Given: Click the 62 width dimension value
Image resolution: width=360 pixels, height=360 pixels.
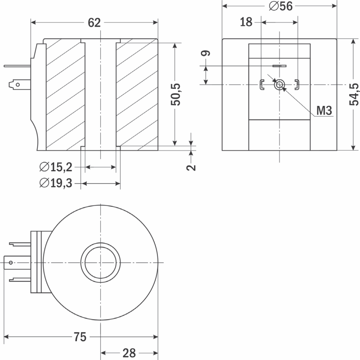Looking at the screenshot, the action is coord(94,23).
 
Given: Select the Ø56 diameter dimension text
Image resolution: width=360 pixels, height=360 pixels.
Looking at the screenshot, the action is coord(281,6).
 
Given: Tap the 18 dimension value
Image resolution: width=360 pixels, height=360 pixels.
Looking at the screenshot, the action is coord(246,22).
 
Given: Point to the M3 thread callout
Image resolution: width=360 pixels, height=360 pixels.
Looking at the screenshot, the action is coord(324,110).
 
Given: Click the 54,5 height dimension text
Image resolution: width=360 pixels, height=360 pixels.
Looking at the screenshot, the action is coord(354,95).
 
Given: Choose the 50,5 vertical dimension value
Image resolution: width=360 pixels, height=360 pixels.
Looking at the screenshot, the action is coord(175,95).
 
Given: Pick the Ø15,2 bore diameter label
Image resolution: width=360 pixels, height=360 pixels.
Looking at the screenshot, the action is coord(56,167).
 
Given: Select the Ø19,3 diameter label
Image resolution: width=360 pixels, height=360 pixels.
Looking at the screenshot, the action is coord(56,183).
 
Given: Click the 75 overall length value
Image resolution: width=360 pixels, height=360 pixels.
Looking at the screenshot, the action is coord(80,337).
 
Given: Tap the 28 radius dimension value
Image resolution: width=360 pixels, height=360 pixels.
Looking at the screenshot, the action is coord(129,353).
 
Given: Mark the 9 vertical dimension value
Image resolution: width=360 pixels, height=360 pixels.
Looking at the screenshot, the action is coord(206,53).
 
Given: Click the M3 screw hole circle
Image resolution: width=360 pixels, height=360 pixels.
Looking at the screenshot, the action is coord(279,85).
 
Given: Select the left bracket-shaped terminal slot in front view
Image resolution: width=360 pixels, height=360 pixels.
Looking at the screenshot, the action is coord(261,85).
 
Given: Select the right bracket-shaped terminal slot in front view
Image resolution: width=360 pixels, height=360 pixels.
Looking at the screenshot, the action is coord(297,85).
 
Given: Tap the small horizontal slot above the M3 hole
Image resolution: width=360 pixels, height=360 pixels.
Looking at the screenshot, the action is coord(279,66).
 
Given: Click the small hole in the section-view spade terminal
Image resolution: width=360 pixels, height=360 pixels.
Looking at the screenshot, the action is coord(18,85).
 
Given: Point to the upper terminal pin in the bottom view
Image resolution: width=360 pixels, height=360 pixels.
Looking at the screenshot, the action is coord(20,244).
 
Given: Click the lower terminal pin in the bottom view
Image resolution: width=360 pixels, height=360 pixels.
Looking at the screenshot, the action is coord(20,280).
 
